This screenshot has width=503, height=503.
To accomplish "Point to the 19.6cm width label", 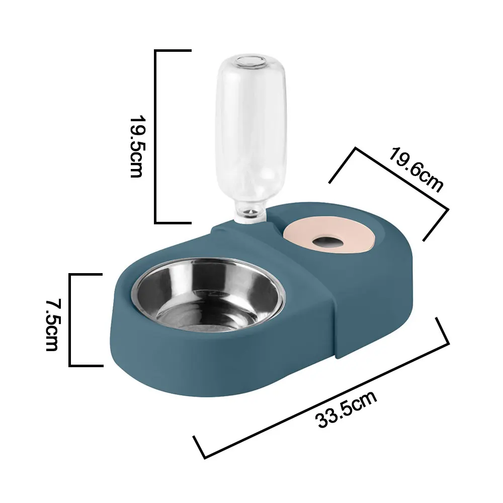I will [415, 169].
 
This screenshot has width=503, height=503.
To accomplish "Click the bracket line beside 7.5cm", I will [70, 319].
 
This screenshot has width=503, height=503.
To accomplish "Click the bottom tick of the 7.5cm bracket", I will [87, 365].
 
